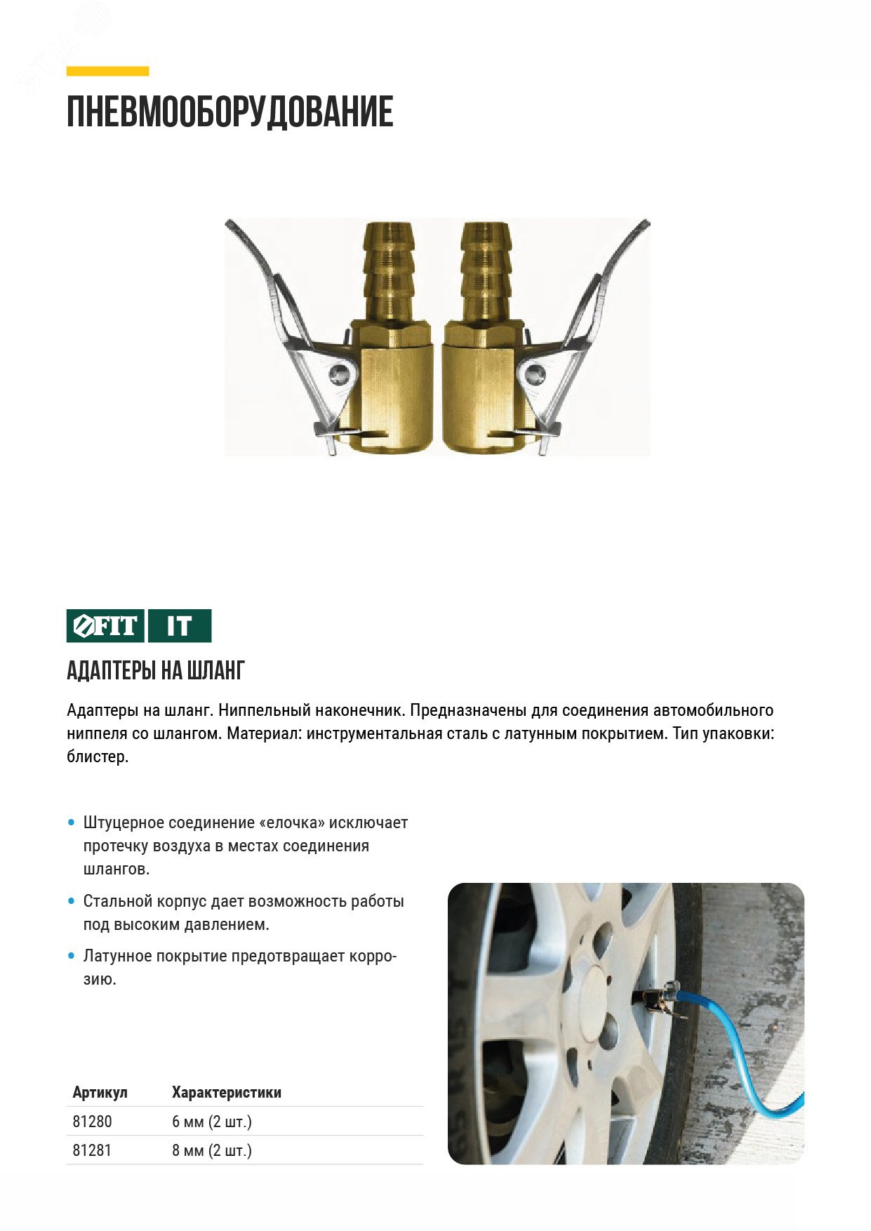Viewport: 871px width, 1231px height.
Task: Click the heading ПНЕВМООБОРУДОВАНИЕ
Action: point(230,112)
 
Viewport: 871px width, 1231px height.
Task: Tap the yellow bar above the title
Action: point(107,71)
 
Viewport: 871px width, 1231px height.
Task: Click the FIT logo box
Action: point(105,625)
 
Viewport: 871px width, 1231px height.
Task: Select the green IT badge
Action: point(180,625)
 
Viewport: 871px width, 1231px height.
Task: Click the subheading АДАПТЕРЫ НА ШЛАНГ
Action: point(155,670)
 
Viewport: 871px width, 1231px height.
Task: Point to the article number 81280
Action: point(92,1121)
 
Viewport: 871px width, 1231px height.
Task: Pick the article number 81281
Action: point(92,1150)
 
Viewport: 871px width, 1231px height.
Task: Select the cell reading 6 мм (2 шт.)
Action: point(211,1121)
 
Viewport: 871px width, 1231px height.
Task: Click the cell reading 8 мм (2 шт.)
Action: point(211,1150)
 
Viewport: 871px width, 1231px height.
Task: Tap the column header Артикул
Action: point(100,1092)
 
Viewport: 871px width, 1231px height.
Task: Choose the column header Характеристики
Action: point(226,1092)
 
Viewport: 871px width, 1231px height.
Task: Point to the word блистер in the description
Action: point(96,757)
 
